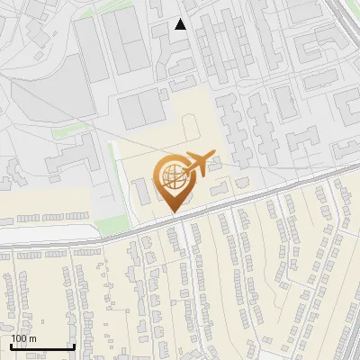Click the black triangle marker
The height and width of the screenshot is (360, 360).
coord(181,24)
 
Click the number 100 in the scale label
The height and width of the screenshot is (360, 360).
coord(18,338)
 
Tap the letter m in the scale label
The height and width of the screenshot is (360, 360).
coord(33,338)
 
